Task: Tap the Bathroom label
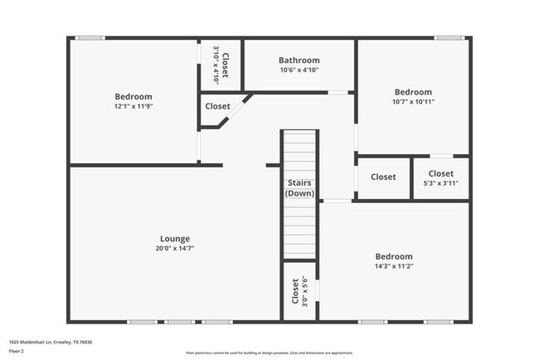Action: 299,61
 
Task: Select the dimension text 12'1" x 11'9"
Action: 133,106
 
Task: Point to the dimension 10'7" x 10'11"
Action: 413,102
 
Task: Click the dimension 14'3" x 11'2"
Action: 393,266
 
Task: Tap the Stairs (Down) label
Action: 299,187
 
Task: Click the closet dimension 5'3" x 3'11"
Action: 440,183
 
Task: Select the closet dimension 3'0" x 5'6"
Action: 305,291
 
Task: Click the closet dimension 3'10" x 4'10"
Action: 216,60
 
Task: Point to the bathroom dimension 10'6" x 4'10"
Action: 299,70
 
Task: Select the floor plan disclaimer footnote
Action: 269,352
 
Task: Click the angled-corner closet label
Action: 217,106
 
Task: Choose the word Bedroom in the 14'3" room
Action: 393,256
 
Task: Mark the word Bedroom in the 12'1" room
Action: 133,96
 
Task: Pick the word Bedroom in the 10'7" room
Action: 413,92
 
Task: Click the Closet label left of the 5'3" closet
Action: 383,177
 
